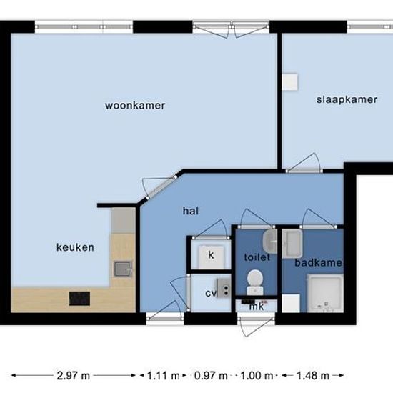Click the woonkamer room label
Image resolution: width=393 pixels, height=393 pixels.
[x=135, y=106]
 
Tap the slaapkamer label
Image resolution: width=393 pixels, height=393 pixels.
[x=347, y=100]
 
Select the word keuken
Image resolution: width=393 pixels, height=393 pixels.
[x=75, y=247]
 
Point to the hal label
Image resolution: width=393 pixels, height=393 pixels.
[x=191, y=211]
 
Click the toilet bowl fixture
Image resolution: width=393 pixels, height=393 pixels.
[x=255, y=282]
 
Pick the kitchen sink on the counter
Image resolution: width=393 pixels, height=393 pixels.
[x=123, y=269]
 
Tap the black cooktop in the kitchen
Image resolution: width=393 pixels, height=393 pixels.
[x=79, y=299]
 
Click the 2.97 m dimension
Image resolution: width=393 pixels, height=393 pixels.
[x=73, y=375]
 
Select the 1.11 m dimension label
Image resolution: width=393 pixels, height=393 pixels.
[x=163, y=375]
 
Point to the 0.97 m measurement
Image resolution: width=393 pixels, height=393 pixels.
[x=211, y=375]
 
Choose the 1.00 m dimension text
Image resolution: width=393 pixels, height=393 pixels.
[x=257, y=375]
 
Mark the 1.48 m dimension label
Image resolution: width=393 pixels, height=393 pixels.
[x=313, y=375]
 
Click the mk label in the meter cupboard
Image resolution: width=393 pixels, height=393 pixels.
[x=257, y=307]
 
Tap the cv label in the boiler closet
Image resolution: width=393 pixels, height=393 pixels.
[x=211, y=293]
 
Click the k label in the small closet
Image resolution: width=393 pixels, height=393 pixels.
[x=211, y=255]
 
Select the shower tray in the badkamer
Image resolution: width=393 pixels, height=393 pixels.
[x=325, y=293]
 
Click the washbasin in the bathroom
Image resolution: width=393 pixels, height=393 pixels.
[x=292, y=244]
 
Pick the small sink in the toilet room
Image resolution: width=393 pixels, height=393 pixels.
[x=270, y=241]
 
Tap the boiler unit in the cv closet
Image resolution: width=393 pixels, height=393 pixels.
[x=224, y=288]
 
